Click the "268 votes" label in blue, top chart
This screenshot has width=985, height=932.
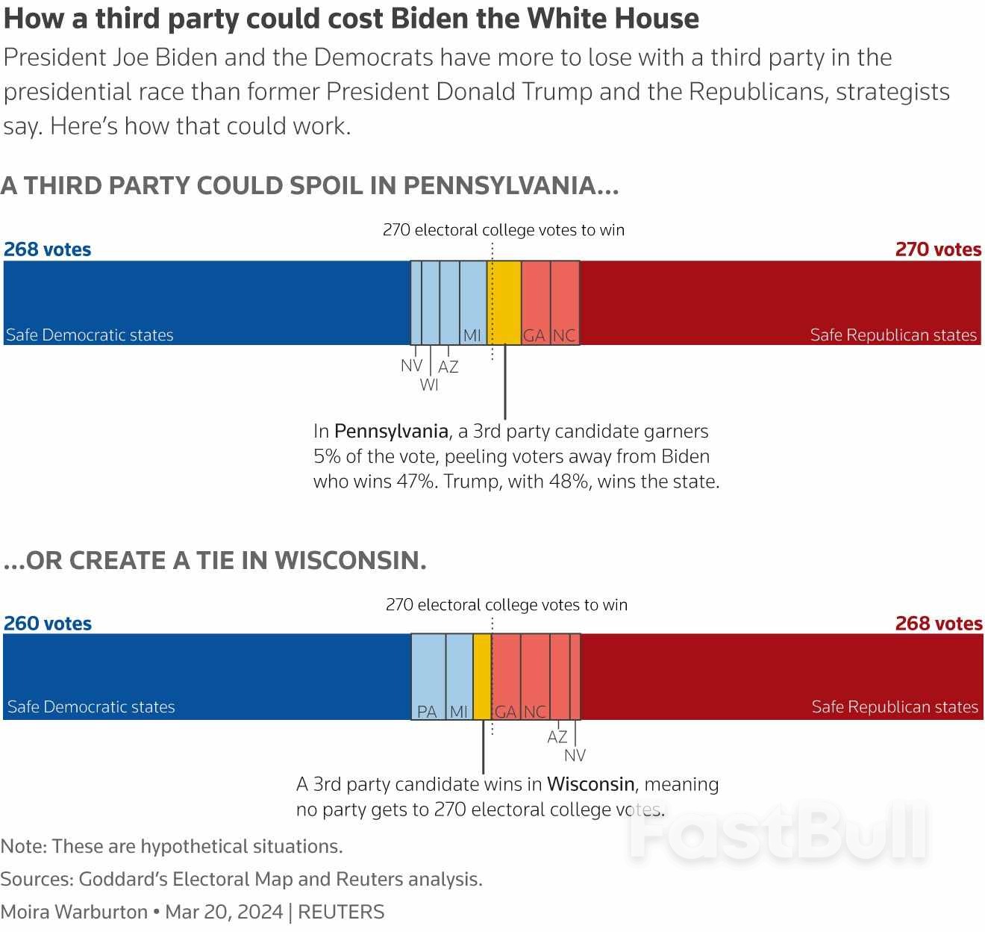(x=48, y=249)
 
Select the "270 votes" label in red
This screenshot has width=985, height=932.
(x=938, y=249)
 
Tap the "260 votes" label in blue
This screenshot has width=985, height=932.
(x=48, y=624)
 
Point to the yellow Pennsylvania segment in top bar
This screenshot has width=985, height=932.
(x=504, y=302)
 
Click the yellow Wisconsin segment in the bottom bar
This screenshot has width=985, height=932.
(x=482, y=676)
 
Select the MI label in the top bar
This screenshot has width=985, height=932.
(x=472, y=335)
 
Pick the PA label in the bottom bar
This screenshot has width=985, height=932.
(x=427, y=712)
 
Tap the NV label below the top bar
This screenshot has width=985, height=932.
(x=411, y=366)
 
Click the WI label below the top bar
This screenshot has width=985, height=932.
(x=429, y=385)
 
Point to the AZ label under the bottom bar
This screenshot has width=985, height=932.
(x=557, y=737)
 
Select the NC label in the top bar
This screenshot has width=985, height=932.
(x=564, y=335)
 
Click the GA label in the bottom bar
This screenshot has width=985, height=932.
(x=505, y=712)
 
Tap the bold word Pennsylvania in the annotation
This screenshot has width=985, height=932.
(x=391, y=432)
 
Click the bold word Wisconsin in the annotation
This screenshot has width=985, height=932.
(x=590, y=784)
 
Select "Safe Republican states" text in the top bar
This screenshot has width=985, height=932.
(x=893, y=335)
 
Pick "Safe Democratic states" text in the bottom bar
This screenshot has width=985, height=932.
(x=91, y=706)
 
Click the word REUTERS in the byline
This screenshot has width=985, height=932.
(x=341, y=912)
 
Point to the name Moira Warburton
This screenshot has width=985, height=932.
(x=74, y=912)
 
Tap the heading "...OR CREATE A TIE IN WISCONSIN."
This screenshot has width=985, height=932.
(x=215, y=560)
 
